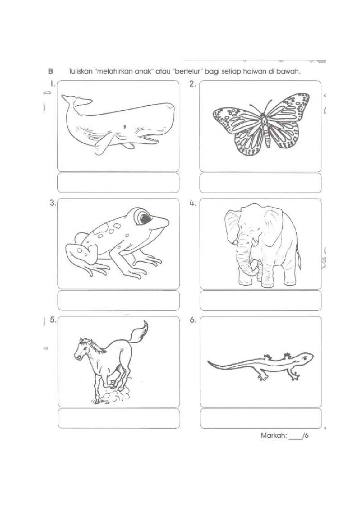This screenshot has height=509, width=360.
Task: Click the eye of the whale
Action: (125, 126)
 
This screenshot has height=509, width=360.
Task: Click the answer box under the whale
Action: (118, 183)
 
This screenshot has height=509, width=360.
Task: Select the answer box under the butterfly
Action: (260, 183)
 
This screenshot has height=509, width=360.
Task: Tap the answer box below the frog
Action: (118, 300)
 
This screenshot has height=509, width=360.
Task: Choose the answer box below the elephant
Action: (260, 300)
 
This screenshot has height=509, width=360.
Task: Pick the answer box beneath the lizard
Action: (260, 418)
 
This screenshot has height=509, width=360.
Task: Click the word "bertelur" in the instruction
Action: (188, 72)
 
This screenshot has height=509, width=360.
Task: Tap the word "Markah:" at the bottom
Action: (274, 436)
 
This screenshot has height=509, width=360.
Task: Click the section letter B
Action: (50, 72)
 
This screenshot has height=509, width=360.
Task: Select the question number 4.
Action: (192, 203)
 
